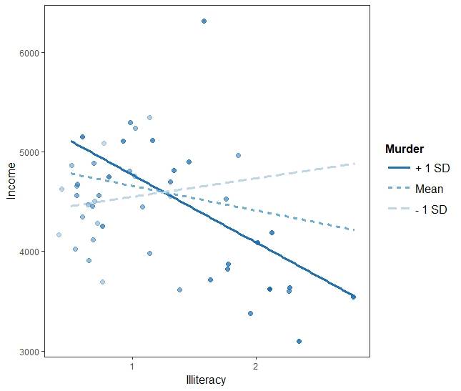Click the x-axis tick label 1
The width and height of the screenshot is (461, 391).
point(132,366)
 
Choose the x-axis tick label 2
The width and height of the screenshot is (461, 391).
point(255,366)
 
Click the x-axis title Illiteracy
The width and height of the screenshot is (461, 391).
point(205,380)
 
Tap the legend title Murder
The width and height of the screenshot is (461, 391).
point(404,149)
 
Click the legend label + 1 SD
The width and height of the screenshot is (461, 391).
point(432,169)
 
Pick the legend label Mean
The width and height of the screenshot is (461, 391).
point(429,189)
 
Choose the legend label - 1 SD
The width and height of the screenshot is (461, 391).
point(430,210)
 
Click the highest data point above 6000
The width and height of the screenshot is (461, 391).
point(204,21)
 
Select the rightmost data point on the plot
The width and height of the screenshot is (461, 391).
point(353,297)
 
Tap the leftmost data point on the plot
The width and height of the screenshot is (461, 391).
point(59,235)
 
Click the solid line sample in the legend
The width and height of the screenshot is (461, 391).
point(398,169)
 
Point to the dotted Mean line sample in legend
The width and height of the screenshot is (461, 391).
point(398,189)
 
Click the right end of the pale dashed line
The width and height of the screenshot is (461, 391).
point(354,164)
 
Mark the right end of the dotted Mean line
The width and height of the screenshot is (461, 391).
point(354,230)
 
